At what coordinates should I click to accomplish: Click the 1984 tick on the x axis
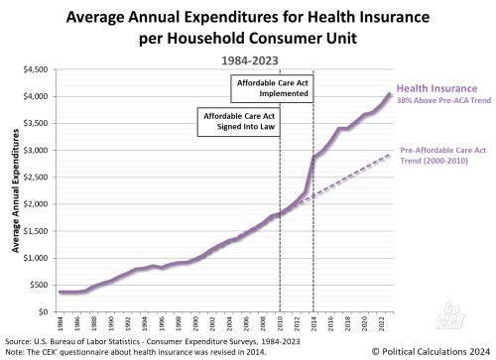pos(60,324)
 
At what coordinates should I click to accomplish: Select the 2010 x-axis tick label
pos(280,324)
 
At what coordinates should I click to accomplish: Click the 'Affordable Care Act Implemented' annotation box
pos(271,87)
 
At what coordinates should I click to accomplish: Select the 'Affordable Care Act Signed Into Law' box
pos(233,122)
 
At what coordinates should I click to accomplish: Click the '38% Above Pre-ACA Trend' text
pos(443,100)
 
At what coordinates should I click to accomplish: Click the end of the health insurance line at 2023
pos(390,94)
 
